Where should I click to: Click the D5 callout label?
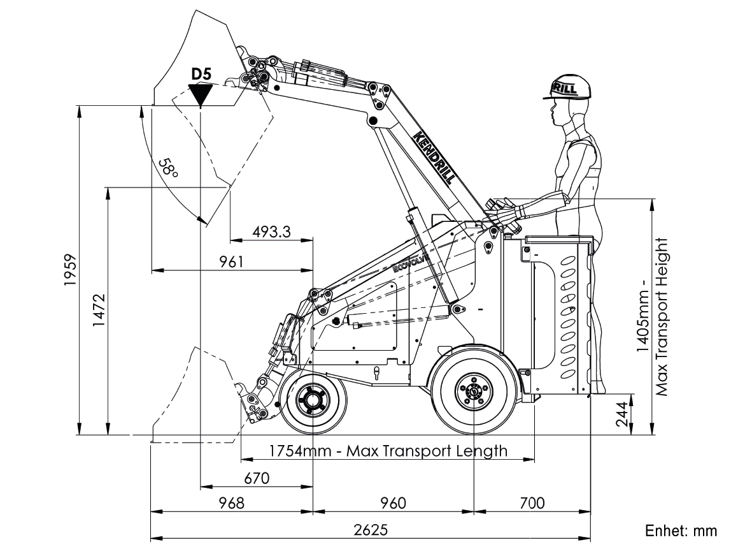(201, 74)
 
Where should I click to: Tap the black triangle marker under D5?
(201, 95)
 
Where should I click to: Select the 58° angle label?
(169, 168)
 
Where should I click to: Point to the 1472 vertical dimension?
(99, 311)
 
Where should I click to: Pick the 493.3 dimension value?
(272, 231)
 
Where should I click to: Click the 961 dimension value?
(231, 261)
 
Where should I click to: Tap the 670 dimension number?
(257, 478)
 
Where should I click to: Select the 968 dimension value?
(231, 503)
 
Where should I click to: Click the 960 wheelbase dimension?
(393, 503)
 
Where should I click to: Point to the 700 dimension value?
(532, 503)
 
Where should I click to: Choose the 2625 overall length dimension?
(371, 530)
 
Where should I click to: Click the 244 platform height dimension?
(622, 414)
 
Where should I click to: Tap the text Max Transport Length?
(427, 451)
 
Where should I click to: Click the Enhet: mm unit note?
(681, 531)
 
